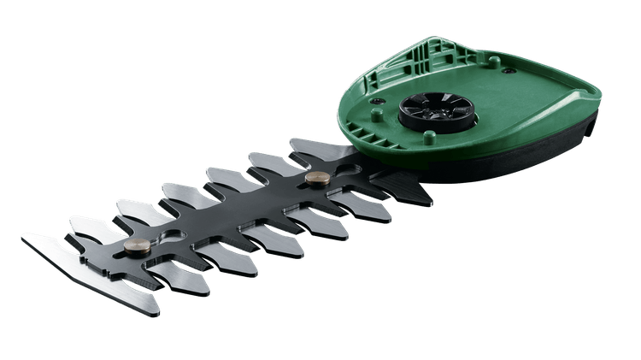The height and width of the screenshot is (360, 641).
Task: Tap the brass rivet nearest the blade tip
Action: tap(135, 245)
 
